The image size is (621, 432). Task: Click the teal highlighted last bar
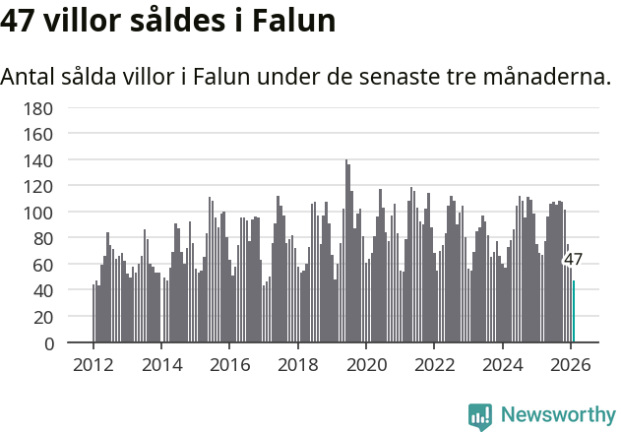pyautogui.click(x=574, y=312)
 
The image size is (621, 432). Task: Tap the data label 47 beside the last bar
pyautogui.click(x=573, y=260)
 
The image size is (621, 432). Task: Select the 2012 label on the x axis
pyautogui.click(x=93, y=365)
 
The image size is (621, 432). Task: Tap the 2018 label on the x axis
pyautogui.click(x=298, y=365)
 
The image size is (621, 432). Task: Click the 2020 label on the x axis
pyautogui.click(x=366, y=365)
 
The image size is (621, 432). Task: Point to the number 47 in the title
pyautogui.click(x=19, y=21)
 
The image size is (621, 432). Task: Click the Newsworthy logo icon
pyautogui.click(x=480, y=415)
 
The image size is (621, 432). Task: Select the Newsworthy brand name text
pyautogui.click(x=557, y=415)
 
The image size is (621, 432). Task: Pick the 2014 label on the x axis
pyautogui.click(x=161, y=365)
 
